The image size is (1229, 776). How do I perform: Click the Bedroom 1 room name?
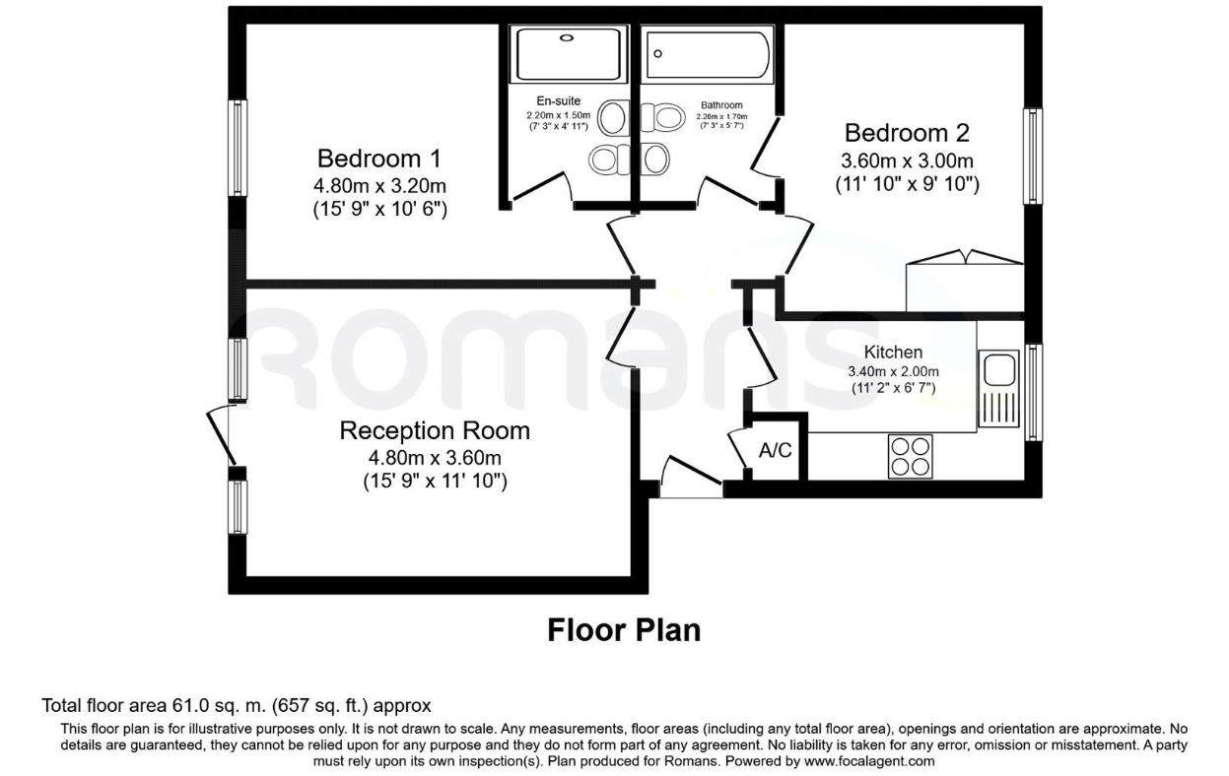378,158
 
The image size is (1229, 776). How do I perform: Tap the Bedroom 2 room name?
907,132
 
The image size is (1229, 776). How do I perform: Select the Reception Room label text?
435,430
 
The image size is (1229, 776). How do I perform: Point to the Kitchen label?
893,352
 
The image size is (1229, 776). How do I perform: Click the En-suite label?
558,101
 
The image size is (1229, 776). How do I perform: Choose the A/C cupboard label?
775,451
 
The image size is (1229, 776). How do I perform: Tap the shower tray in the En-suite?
568,53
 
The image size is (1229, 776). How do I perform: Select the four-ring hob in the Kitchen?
910,455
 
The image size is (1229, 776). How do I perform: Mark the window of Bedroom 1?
237,148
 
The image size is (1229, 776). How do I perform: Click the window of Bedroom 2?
1032,156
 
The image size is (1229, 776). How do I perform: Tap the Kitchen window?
1032,392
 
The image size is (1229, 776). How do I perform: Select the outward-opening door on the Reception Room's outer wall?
221,435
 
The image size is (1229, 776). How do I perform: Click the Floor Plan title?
624,630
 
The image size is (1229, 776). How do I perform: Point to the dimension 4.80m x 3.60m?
435,457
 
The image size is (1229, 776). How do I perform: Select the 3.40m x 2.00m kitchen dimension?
893,371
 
